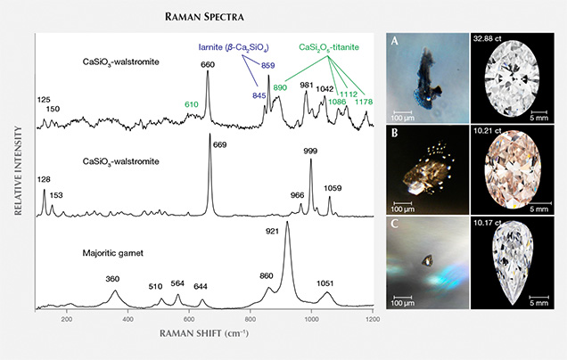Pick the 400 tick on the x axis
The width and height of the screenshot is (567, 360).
[x=128, y=318]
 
